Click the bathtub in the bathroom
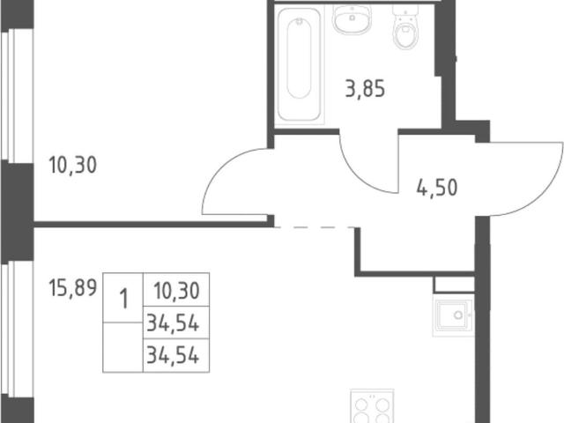[x=300, y=64]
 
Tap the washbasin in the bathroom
[x=352, y=19]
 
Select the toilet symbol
[x=406, y=26]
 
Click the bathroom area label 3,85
[x=365, y=89]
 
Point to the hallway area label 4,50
[x=437, y=188]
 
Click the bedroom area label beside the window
[x=72, y=166]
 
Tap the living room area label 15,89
[x=73, y=288]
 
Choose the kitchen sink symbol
[x=454, y=315]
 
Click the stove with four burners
[x=372, y=406]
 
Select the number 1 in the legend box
[x=123, y=300]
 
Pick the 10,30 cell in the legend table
[x=176, y=291]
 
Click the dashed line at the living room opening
[x=315, y=227]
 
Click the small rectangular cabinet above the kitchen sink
[x=455, y=284]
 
